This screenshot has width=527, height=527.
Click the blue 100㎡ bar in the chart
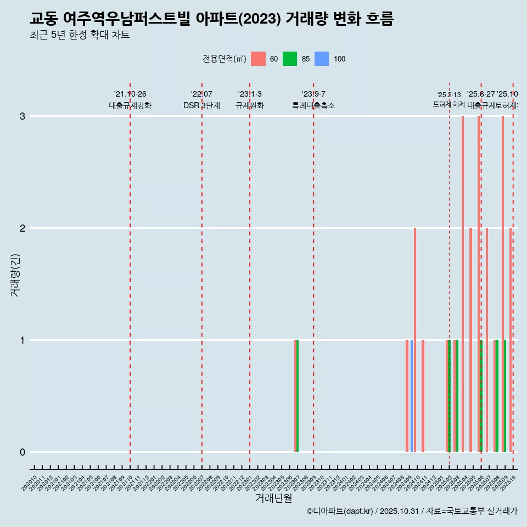pos(412,395)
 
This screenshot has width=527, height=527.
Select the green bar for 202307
pos(298,395)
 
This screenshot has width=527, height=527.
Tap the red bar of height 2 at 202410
pos(415,339)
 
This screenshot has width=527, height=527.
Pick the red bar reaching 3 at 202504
pos(463,283)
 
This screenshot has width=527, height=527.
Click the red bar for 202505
pos(470,339)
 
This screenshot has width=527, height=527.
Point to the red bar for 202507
pos(487,339)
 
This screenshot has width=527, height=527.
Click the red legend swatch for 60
pos(258,59)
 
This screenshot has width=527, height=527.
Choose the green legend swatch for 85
pos(290,59)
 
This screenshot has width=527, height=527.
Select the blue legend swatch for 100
pos(322,59)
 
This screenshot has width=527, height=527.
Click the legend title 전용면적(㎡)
pos(225,59)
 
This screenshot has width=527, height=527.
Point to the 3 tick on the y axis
pos(23,116)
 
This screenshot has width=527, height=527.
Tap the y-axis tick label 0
pos(23,452)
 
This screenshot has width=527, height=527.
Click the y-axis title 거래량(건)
pos(15,274)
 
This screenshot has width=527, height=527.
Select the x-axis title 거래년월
pos(273,498)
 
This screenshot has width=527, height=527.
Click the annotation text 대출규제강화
pos(130,105)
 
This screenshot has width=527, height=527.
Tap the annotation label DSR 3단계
pos(202,105)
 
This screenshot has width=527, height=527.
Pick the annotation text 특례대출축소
pos(313,105)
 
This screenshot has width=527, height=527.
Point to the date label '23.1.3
pos(250,94)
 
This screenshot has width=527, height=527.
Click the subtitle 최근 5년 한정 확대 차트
pos(80,35)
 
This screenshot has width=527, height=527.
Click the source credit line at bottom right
pos(412,512)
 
